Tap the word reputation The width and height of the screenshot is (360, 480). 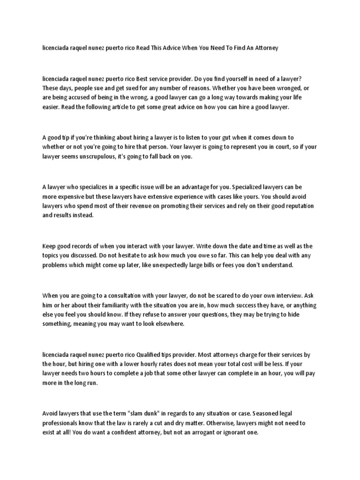(x=298, y=206)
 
